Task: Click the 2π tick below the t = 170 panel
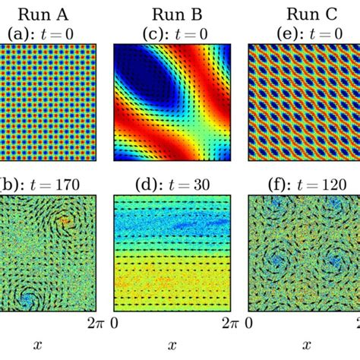coord(93,325)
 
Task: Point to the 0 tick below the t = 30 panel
coord(116,325)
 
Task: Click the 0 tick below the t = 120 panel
coord(252,325)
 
